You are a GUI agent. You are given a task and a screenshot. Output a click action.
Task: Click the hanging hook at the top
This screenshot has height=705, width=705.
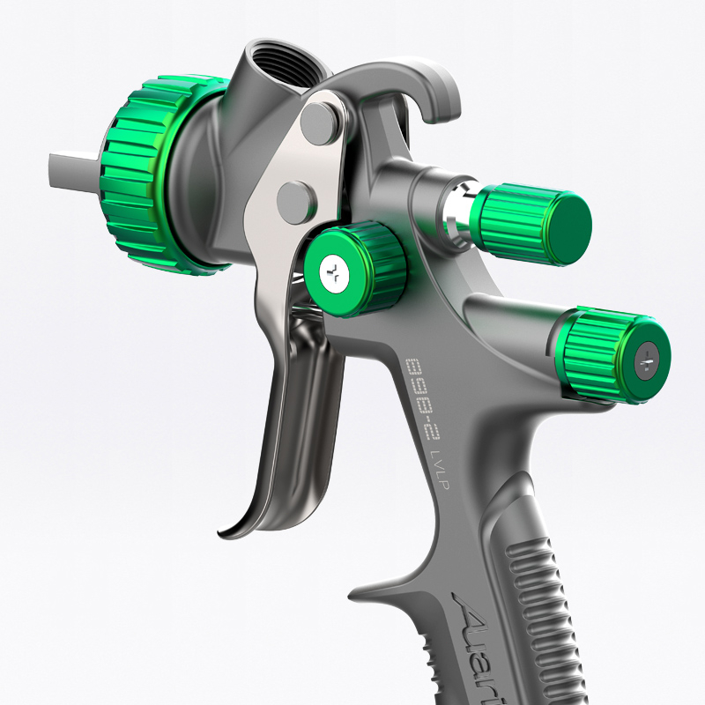(x=432, y=88)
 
